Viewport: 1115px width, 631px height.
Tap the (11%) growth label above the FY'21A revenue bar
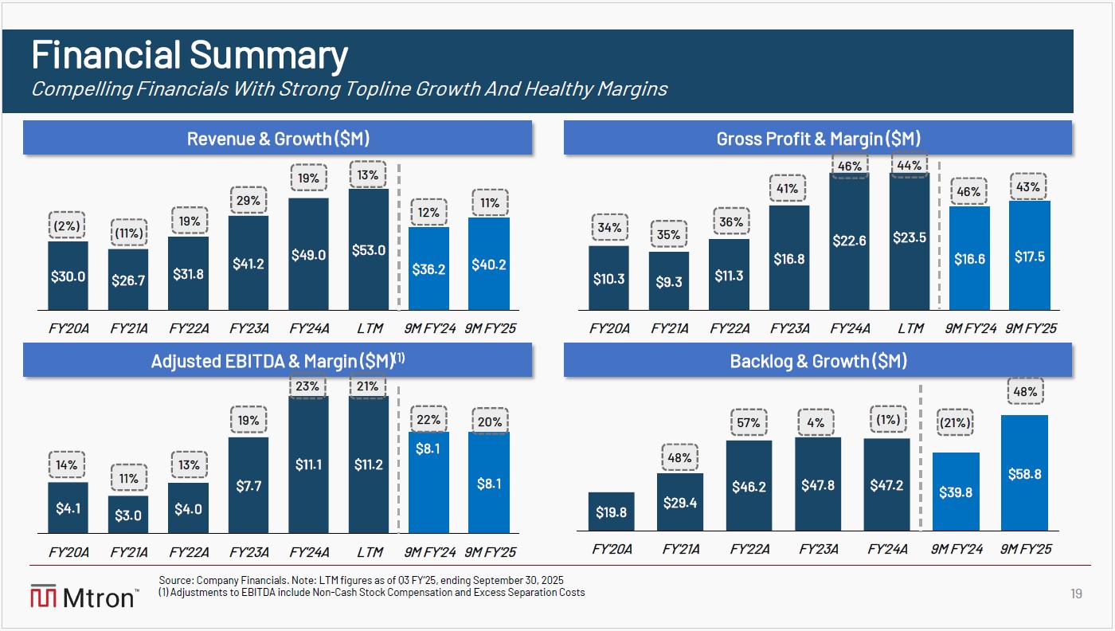(x=127, y=233)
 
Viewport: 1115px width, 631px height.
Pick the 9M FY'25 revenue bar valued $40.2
(x=489, y=264)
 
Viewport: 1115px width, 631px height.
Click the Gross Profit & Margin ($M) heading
(x=818, y=139)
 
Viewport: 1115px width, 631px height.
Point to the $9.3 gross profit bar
(x=669, y=280)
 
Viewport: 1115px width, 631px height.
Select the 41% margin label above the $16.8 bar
(x=788, y=189)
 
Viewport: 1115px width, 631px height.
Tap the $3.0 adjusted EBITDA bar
(x=127, y=514)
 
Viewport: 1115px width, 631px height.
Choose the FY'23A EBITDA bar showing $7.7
(x=248, y=484)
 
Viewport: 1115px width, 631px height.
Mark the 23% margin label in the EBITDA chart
(x=308, y=386)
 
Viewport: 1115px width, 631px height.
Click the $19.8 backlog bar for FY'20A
(x=612, y=511)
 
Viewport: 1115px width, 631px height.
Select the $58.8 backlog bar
(x=1024, y=472)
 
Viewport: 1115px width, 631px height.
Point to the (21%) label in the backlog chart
(x=954, y=422)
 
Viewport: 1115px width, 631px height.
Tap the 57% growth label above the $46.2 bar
(x=749, y=422)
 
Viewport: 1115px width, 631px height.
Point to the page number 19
(x=1075, y=594)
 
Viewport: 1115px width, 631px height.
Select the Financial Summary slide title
(x=190, y=56)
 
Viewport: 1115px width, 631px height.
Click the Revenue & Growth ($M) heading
(x=277, y=139)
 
